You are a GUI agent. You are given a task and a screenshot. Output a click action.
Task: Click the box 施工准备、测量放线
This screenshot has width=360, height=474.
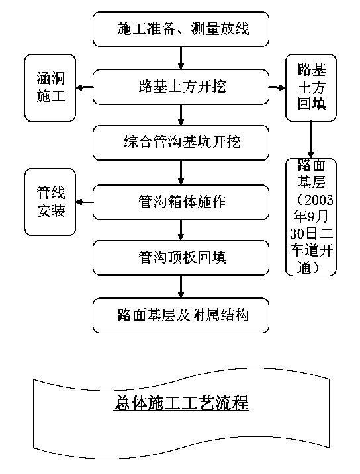pyautogui.click(x=181, y=29)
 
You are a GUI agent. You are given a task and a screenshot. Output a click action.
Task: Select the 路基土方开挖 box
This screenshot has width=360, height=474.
pyautogui.click(x=181, y=87)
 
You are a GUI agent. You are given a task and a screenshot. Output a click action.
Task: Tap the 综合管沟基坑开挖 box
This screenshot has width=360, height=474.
pyautogui.click(x=181, y=143)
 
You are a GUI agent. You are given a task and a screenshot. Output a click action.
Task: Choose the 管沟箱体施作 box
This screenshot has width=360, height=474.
pyautogui.click(x=181, y=202)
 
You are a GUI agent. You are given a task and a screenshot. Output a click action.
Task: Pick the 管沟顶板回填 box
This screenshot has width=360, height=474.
pyautogui.click(x=181, y=258)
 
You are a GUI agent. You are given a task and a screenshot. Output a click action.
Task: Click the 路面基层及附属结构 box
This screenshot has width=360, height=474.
pyautogui.click(x=181, y=315)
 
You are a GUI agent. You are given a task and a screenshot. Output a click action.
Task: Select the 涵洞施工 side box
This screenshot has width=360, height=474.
pyautogui.click(x=50, y=88)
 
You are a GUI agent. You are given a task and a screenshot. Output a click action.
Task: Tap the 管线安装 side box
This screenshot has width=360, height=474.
pyautogui.click(x=50, y=202)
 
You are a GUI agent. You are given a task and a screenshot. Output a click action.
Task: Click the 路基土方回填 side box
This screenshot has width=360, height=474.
pyautogui.click(x=311, y=88)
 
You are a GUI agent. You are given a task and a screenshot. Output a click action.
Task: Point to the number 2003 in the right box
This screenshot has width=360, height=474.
pyautogui.click(x=319, y=200)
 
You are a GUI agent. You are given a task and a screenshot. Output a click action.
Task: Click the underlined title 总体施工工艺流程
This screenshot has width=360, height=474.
pyautogui.click(x=181, y=402)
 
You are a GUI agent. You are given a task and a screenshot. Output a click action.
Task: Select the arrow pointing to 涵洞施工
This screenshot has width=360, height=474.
pyautogui.click(x=85, y=88)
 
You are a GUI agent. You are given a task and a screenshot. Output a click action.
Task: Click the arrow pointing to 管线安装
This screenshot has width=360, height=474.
pyautogui.click(x=85, y=202)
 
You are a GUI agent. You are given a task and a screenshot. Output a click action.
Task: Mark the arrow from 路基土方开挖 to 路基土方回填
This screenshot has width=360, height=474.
pyautogui.click(x=277, y=88)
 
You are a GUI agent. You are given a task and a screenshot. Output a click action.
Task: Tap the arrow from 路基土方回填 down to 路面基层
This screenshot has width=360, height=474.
pyautogui.click(x=310, y=139)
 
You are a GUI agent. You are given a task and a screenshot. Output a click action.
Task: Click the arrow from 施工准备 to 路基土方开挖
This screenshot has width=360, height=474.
pyautogui.click(x=181, y=58)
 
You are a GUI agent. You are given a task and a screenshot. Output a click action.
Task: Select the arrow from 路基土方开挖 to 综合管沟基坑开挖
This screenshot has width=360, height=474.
pyautogui.click(x=181, y=115)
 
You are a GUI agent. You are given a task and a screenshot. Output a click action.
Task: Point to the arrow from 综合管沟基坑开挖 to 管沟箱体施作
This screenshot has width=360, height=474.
pyautogui.click(x=181, y=173)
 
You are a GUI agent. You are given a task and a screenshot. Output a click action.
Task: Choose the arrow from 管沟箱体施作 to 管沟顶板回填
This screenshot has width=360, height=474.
pyautogui.click(x=181, y=230)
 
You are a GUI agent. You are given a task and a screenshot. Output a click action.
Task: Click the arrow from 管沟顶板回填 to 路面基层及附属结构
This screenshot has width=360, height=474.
pyautogui.click(x=181, y=287)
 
